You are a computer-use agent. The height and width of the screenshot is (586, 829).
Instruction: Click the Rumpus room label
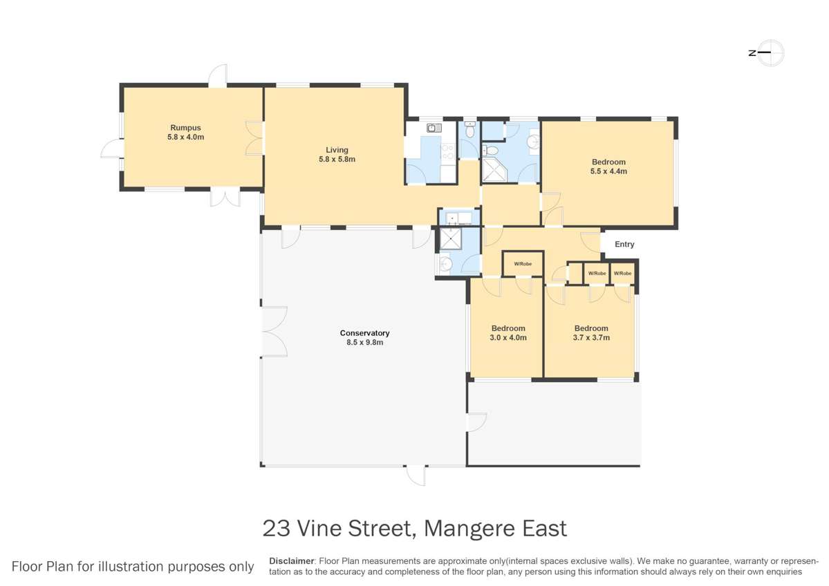(x=185, y=127)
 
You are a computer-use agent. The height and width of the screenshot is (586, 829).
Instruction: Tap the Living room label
(x=337, y=150)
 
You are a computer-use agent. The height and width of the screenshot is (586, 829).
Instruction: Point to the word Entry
(x=624, y=245)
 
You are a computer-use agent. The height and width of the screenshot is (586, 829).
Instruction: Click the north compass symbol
(x=770, y=53)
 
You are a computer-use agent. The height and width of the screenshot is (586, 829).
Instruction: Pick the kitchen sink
(x=434, y=128)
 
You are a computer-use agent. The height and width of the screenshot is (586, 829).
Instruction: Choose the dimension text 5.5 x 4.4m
(x=608, y=171)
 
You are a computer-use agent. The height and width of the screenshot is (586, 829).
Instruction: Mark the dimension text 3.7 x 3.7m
(x=591, y=338)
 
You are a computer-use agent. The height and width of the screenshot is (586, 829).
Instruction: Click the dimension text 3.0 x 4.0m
(x=509, y=338)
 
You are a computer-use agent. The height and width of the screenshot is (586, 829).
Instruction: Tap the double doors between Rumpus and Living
(x=254, y=138)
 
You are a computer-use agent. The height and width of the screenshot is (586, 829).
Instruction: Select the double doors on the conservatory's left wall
(x=274, y=332)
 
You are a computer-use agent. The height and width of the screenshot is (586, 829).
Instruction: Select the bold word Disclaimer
(x=291, y=560)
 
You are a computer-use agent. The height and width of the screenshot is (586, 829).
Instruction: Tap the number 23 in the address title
(x=277, y=529)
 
